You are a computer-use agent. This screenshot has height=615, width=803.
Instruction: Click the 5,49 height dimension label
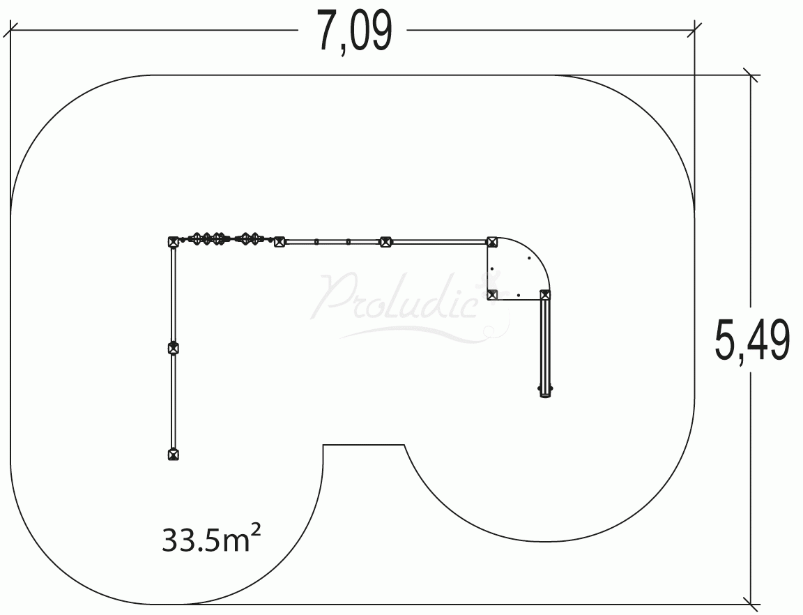[x=751, y=340]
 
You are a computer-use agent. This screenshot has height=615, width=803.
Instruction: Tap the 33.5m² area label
[x=211, y=539]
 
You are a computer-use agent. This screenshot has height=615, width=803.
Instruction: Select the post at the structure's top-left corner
[x=174, y=241]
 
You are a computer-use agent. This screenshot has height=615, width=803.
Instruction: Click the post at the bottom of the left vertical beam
[x=174, y=454]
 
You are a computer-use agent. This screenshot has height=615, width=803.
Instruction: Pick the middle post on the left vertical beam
[x=174, y=348]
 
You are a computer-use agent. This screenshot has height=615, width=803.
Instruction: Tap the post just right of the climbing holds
[x=279, y=241]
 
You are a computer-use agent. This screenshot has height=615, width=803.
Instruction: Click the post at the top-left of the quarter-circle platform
[x=491, y=241]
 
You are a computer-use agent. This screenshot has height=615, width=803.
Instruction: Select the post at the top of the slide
[x=545, y=295]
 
